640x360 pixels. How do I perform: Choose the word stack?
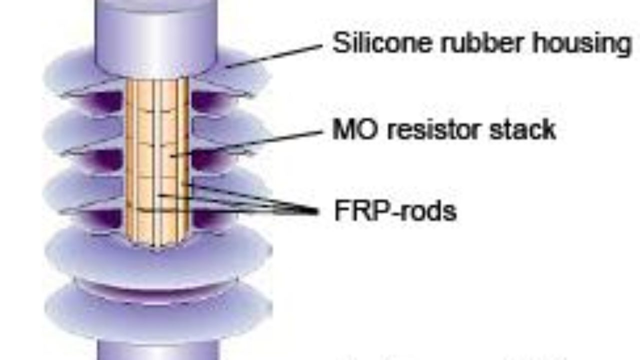click(x=527, y=130)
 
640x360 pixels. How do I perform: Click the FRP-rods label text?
click(x=395, y=211)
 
